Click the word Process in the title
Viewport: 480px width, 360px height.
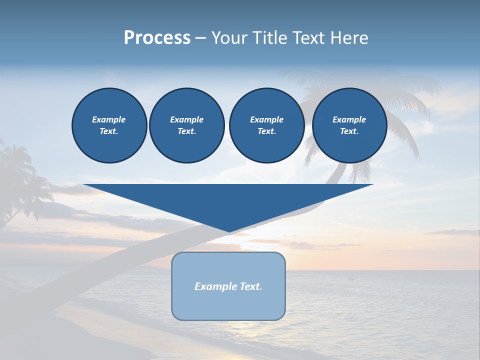pyautogui.click(x=157, y=38)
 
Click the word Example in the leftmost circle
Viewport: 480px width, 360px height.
pyautogui.click(x=108, y=119)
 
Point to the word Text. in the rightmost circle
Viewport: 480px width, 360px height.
pyautogui.click(x=349, y=131)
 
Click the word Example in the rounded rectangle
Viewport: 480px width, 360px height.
pyautogui.click(x=215, y=286)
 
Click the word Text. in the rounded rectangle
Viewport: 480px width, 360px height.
pyautogui.click(x=251, y=286)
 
